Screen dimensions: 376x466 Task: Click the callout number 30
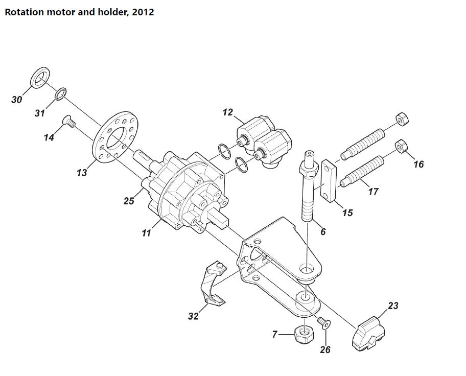16,100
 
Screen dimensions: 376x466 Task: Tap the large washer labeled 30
40,77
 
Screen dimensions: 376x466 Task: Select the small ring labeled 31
60,93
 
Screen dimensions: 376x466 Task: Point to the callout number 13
82,173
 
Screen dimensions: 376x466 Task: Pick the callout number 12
227,111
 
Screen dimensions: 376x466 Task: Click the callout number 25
129,201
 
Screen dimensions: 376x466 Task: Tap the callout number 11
147,233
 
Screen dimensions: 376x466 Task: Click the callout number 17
373,191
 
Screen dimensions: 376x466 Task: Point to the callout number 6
323,231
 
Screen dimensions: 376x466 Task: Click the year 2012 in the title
143,12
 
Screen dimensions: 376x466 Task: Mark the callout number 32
193,316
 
